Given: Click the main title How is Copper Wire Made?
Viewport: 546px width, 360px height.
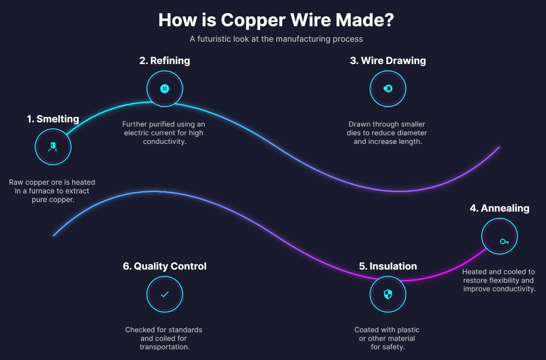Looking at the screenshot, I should [x=276, y=20].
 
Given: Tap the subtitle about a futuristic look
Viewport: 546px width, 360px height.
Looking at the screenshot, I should [x=276, y=39].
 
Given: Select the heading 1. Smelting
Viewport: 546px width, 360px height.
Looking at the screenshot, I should [x=53, y=119].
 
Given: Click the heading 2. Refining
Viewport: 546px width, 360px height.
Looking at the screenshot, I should [x=165, y=61].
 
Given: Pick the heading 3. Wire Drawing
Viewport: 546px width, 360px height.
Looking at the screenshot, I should [x=388, y=61].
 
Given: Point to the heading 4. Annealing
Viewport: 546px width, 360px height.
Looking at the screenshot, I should [x=500, y=208].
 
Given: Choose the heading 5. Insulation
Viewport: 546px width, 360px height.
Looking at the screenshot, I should [x=388, y=266].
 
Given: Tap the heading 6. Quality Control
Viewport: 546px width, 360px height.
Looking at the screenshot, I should [x=165, y=266].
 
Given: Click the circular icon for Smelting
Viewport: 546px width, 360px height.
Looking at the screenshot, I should [x=53, y=147].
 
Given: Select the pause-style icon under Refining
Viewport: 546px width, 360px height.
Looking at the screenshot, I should [x=165, y=89].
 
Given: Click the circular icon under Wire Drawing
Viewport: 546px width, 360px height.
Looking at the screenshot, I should [x=388, y=89].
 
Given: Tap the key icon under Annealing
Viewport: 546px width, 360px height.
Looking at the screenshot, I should [x=504, y=241].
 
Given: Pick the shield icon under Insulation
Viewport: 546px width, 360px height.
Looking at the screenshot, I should [x=388, y=294].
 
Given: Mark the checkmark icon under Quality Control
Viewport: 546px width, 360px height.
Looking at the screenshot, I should [x=165, y=294].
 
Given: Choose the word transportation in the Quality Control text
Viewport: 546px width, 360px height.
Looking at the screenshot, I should [x=165, y=347].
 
